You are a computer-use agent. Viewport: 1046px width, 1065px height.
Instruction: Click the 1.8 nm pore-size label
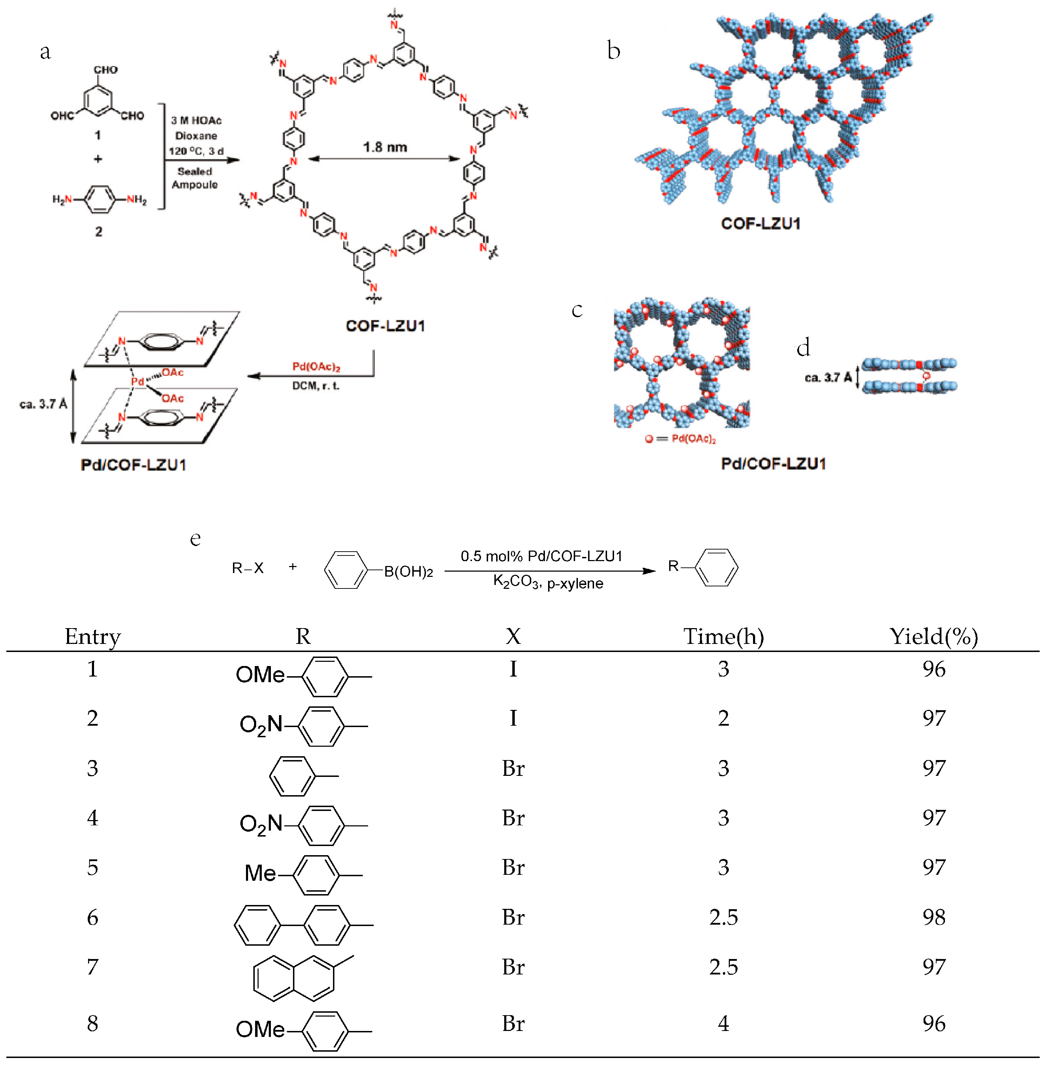pyautogui.click(x=385, y=147)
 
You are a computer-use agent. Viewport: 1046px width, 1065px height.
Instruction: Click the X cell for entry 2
pyautogui.click(x=513, y=718)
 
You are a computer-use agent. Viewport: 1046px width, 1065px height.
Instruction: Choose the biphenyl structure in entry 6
pyautogui.click(x=302, y=925)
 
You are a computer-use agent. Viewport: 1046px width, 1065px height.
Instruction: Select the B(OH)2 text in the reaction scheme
pyautogui.click(x=408, y=572)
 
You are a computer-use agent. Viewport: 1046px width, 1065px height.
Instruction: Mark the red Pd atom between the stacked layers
pyautogui.click(x=137, y=381)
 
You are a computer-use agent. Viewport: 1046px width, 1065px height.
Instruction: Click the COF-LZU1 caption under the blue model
pyautogui.click(x=760, y=224)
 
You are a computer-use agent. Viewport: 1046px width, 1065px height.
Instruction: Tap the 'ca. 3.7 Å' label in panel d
pyautogui.click(x=827, y=378)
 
